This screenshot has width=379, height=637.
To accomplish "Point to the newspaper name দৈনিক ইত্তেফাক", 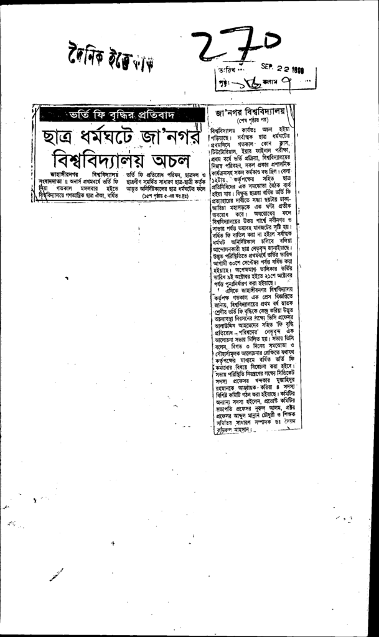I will (108, 58).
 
